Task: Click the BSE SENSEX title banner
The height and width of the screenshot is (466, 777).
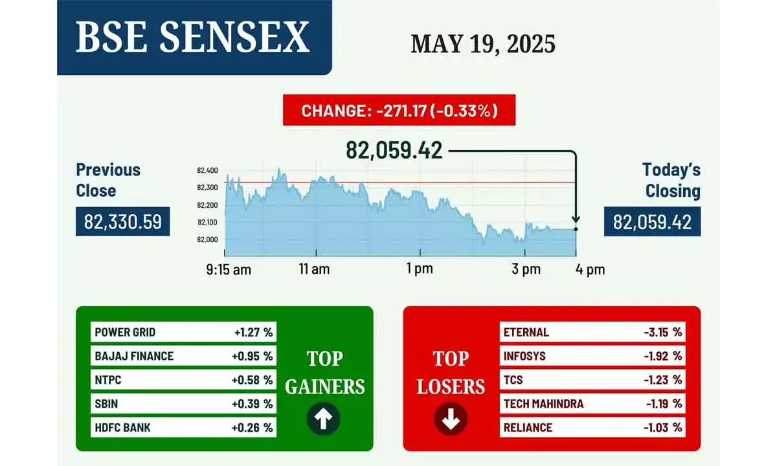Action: [x=193, y=38]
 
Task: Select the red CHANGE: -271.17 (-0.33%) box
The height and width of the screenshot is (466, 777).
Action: [x=399, y=111]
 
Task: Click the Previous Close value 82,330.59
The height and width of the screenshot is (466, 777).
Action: [x=123, y=222]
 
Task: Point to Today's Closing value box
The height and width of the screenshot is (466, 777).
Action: [x=652, y=222]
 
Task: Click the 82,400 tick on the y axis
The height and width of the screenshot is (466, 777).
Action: [x=207, y=170]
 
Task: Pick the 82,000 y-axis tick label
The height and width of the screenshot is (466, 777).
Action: [x=207, y=239]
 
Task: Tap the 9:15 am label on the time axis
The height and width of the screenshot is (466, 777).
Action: [x=229, y=270]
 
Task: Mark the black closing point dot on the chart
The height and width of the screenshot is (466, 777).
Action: [x=576, y=229]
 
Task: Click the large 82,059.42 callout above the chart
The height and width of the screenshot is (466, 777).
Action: [x=394, y=150]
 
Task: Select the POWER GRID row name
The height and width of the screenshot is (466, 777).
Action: [x=125, y=333]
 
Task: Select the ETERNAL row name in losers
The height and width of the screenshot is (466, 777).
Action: [x=526, y=333]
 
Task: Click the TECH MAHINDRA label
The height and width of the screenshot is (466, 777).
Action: [x=544, y=404]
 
